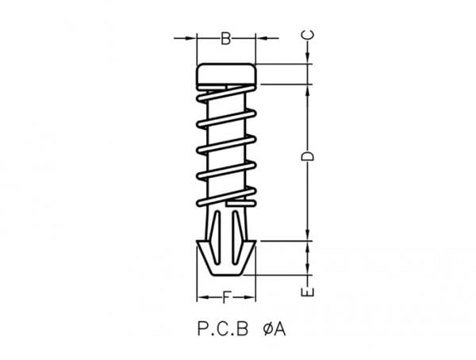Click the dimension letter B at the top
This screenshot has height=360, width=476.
point(225,39)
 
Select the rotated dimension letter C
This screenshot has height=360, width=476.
point(307,35)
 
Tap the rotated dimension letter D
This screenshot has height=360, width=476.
point(307,156)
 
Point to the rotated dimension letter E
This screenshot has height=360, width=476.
point(307,292)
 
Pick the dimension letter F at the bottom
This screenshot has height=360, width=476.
point(226,297)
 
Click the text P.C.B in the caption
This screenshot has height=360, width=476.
point(223,329)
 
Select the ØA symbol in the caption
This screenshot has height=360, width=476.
point(274,329)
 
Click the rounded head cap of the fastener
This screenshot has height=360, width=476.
point(226,74)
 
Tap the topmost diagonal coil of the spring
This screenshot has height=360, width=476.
point(226,94)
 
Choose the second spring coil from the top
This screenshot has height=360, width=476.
point(226,119)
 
